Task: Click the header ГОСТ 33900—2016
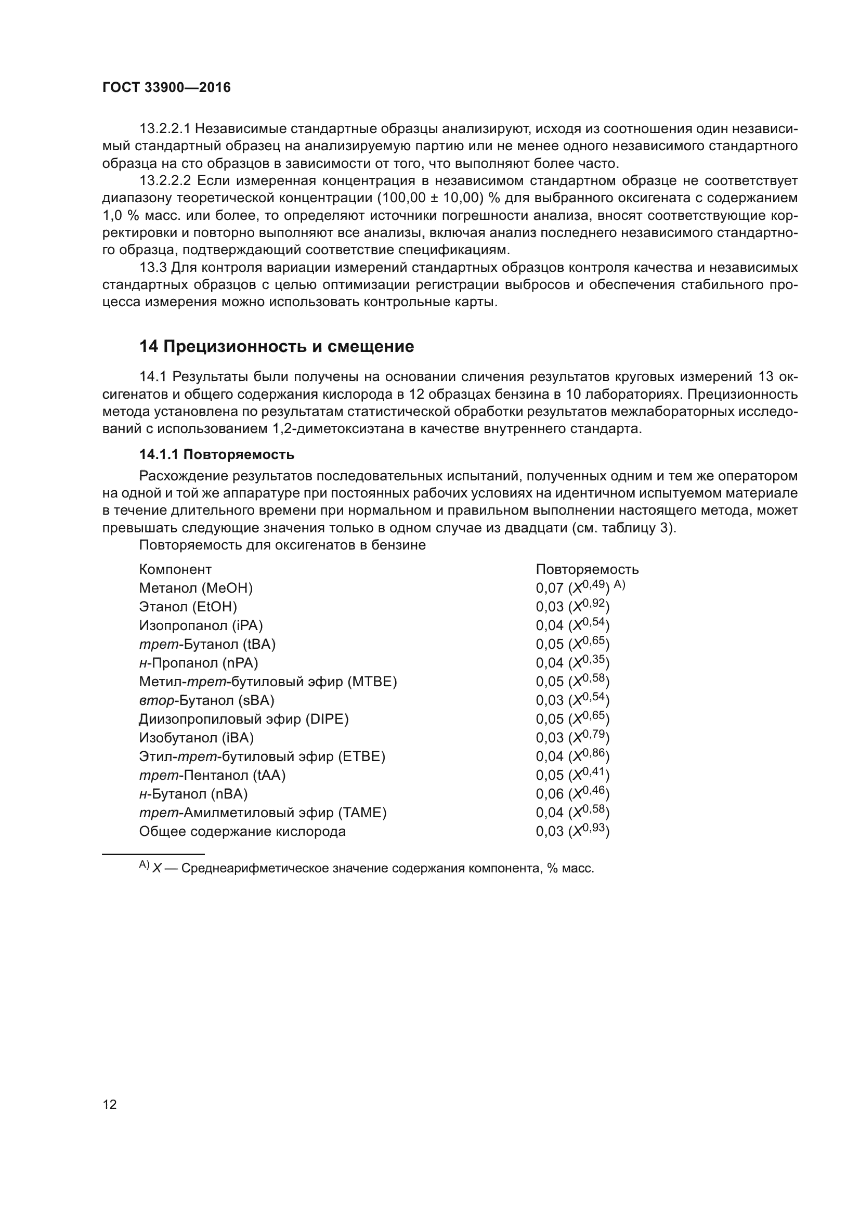[166, 88]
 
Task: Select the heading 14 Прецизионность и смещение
[277, 346]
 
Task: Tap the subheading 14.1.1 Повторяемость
[217, 454]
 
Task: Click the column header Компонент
[175, 569]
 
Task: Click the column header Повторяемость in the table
[587, 569]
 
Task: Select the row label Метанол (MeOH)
[196, 588]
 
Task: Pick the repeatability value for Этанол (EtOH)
[572, 606]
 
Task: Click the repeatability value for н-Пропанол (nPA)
[572, 662]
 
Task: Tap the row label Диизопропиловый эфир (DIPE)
[243, 718]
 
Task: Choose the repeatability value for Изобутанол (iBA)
[572, 738]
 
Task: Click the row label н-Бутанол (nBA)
[193, 794]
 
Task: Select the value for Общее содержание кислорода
[572, 831]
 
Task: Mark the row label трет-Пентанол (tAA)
[212, 775]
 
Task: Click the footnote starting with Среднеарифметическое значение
[388, 869]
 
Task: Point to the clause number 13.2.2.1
[167, 129]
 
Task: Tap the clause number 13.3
[152, 267]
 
